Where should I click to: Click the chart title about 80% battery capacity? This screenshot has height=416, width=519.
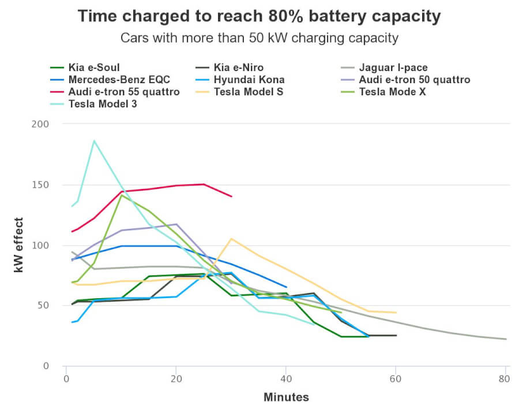pos(259,17)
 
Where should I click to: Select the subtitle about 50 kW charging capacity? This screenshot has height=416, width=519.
pos(259,39)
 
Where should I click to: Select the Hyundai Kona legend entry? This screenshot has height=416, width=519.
pos(249,80)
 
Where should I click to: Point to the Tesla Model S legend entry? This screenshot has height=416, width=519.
pos(248,92)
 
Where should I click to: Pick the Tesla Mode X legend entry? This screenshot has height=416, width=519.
pos(392,92)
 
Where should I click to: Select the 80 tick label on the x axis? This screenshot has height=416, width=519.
pos(506,380)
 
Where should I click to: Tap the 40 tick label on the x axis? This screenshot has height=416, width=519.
pos(286,380)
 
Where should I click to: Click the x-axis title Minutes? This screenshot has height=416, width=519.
pos(286,398)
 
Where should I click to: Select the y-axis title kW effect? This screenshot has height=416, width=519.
pos(18,245)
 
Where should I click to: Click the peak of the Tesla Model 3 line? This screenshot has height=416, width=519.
pos(94,140)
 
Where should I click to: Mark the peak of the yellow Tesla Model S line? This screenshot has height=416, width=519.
pos(231,239)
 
